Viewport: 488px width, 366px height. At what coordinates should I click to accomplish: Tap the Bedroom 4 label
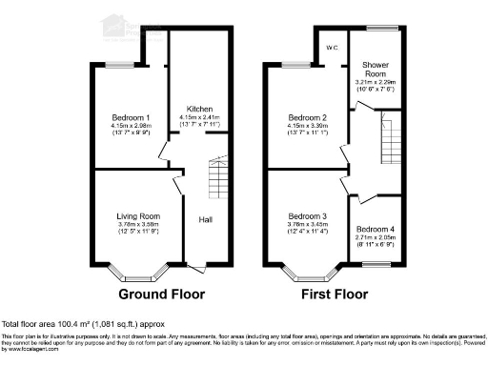coord(376,230)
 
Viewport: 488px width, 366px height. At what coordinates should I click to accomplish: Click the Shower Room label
coord(376,69)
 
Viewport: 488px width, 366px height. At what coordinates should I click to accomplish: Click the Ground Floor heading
coord(159,295)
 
